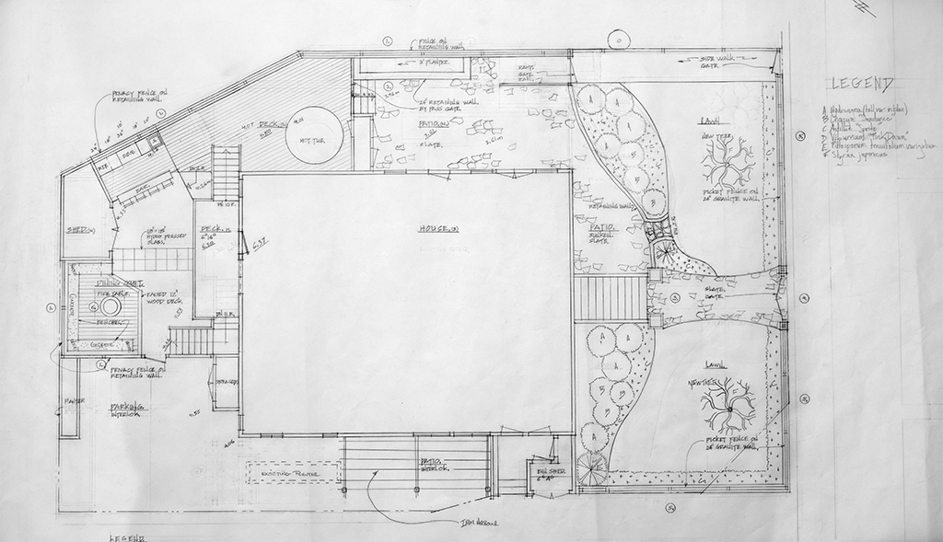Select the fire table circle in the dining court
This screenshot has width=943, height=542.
tap(112, 305)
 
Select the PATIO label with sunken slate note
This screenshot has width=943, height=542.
tap(603, 227)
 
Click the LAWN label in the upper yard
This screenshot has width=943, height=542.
tap(708, 120)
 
